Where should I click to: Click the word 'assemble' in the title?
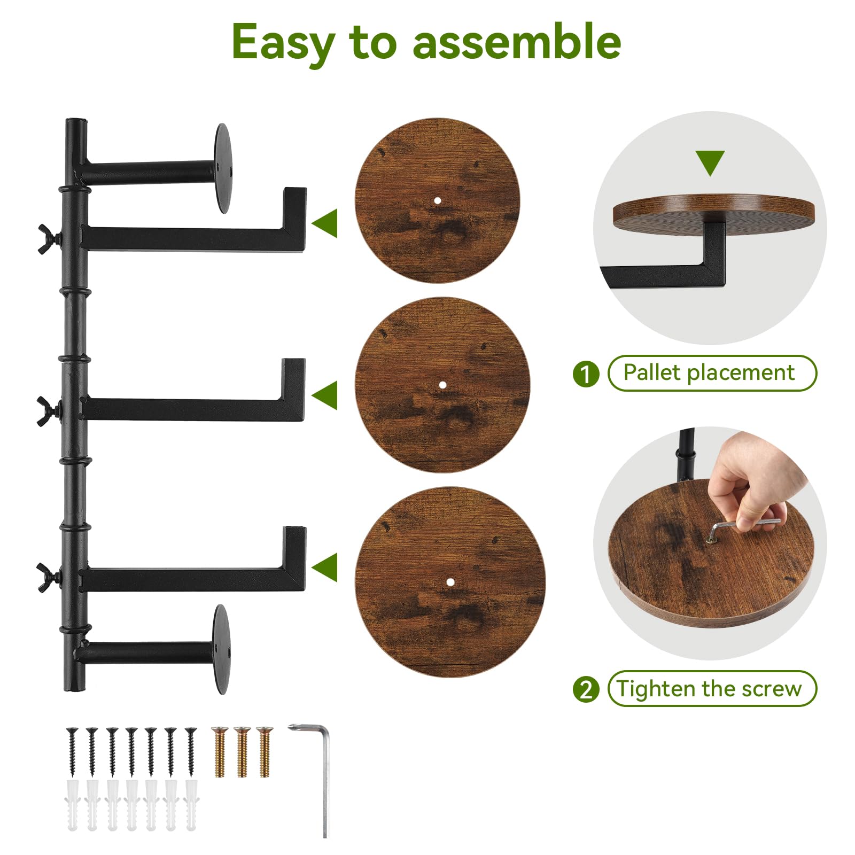[517, 42]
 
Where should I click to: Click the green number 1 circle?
[586, 374]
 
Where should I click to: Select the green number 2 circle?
[586, 689]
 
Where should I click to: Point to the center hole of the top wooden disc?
[438, 201]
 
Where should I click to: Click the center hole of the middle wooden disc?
[442, 385]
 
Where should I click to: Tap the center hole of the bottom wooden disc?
[450, 582]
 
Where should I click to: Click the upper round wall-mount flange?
[223, 168]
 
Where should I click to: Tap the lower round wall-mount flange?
[221, 649]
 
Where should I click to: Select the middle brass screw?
[242, 751]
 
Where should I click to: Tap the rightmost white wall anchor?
[191, 805]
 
